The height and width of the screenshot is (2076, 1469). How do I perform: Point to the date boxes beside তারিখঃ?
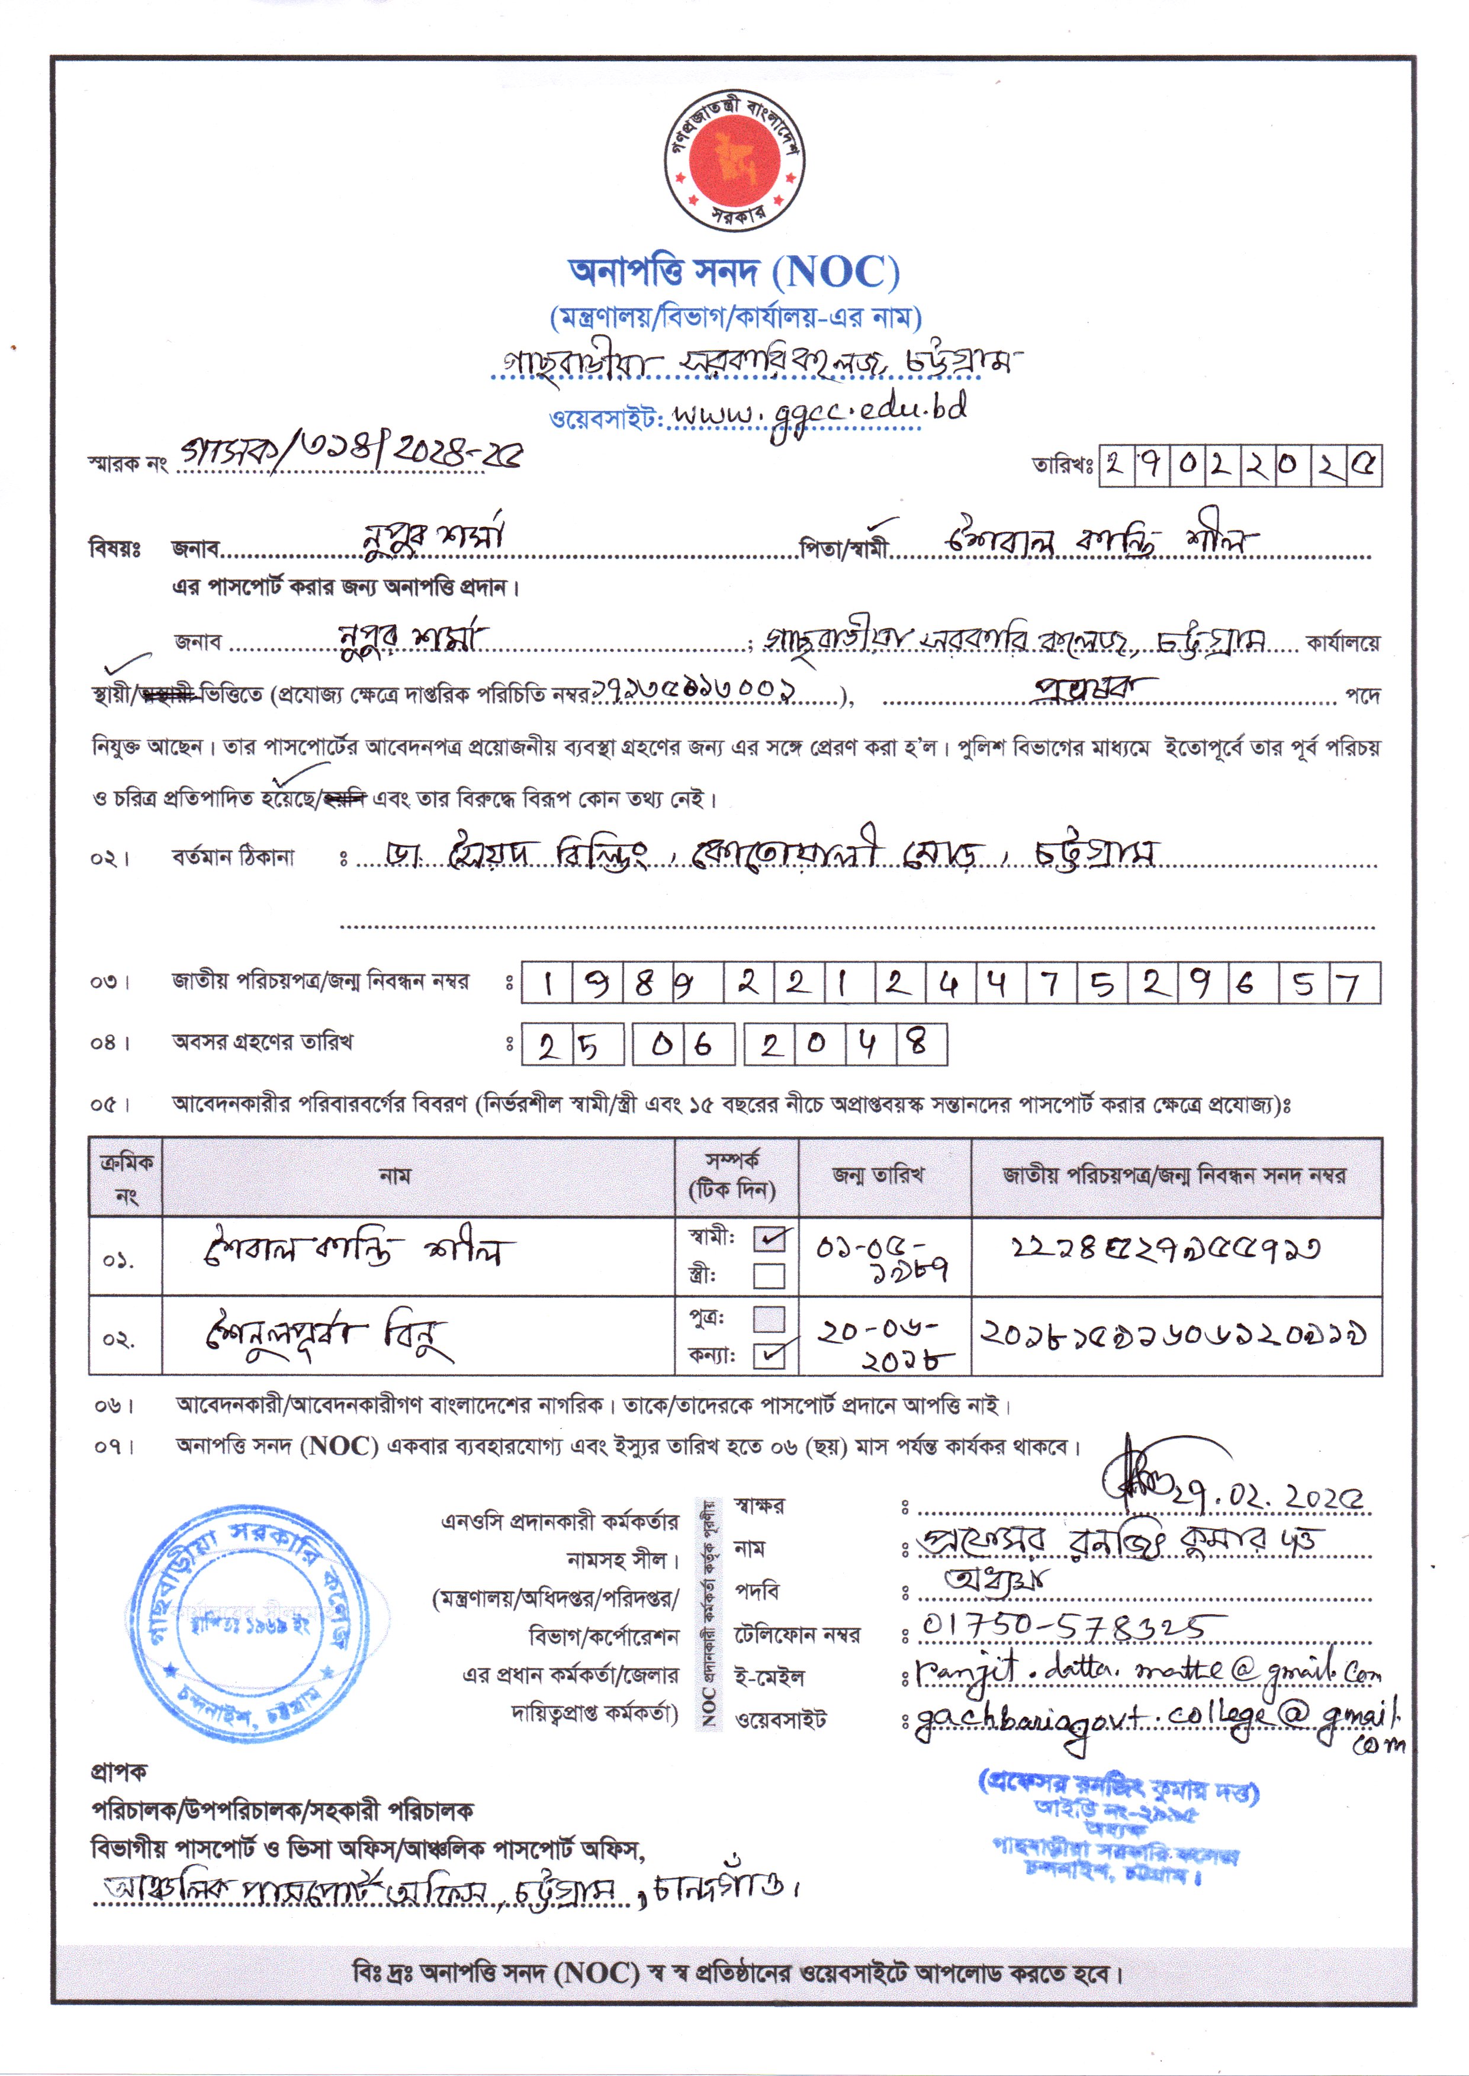coord(1240,466)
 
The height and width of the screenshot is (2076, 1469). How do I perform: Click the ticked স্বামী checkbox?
coord(770,1238)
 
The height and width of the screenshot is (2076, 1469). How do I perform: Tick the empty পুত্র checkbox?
coord(769,1319)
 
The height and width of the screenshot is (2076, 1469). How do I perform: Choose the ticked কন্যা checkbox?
coord(770,1355)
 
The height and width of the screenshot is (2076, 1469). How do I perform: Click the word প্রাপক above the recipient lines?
coord(118,1770)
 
